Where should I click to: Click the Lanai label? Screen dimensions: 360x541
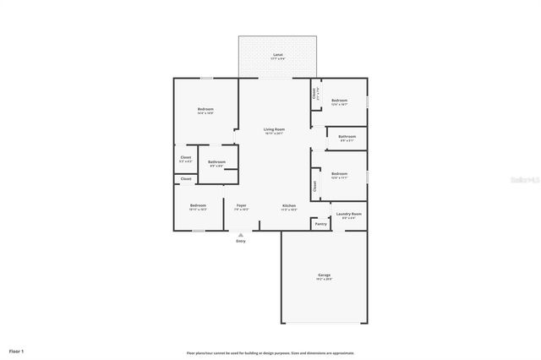277,55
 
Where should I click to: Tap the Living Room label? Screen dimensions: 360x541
274,129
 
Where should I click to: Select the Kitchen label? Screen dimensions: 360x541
289,205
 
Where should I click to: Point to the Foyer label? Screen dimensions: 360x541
241,205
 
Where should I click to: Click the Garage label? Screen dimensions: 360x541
324,275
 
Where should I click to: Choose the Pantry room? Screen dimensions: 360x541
320,224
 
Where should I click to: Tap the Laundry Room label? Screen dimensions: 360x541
350,215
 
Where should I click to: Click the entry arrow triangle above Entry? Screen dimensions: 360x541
241,235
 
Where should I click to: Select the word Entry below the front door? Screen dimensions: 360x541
241,242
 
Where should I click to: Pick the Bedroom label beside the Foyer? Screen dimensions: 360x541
198,205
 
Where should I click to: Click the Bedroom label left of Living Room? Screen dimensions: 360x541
205,109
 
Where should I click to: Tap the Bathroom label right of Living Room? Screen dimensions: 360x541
347,136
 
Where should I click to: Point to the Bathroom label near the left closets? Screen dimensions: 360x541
217,161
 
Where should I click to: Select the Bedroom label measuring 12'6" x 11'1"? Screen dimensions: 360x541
340,174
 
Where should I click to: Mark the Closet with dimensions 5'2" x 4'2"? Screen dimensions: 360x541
186,157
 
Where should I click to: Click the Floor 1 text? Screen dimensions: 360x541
16,350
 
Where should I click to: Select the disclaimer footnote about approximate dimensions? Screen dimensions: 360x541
270,352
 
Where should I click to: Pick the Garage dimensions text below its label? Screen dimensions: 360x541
324,279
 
